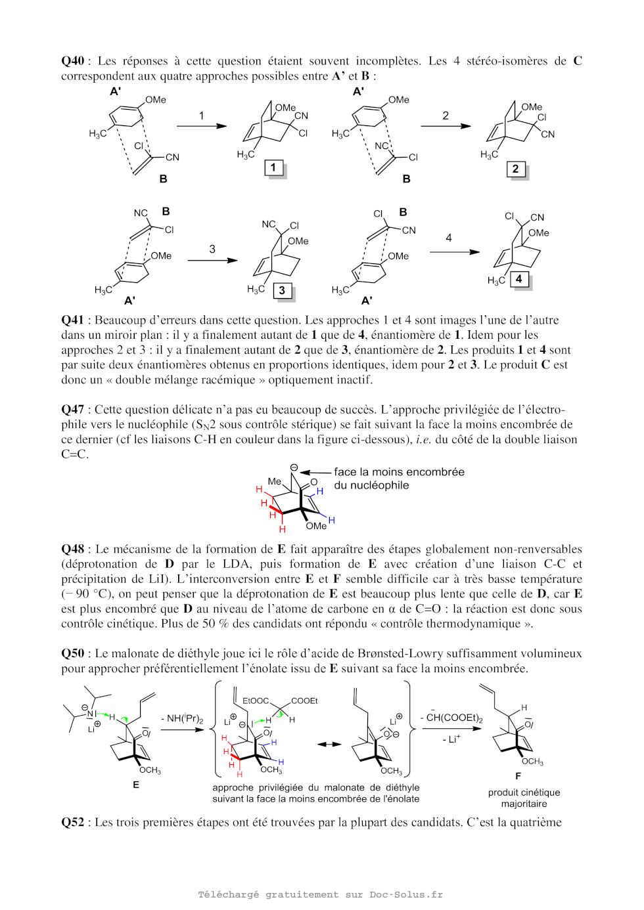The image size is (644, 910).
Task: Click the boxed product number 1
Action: [273, 167]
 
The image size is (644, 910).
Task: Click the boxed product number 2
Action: [515, 169]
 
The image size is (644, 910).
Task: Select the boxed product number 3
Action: [282, 290]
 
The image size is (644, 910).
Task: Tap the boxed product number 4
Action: [519, 279]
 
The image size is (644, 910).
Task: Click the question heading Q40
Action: [72, 61]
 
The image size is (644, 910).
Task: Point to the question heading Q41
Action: [72, 320]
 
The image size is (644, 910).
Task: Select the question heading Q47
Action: [72, 410]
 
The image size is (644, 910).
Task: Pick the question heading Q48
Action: [72, 549]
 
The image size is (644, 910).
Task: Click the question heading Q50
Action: [72, 653]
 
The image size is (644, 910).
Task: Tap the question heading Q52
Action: [72, 822]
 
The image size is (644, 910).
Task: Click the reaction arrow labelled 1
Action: [202, 125]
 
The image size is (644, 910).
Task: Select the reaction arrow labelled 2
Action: [446, 125]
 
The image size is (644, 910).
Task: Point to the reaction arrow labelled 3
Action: [212, 260]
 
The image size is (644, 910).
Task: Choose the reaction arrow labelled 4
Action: [454, 251]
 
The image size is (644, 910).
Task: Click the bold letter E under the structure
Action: [136, 785]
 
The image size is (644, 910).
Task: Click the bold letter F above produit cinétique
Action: [518, 776]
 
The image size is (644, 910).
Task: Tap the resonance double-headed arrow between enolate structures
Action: [329, 744]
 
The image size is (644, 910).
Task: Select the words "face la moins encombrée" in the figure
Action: [399, 472]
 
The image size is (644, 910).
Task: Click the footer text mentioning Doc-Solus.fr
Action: [321, 894]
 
